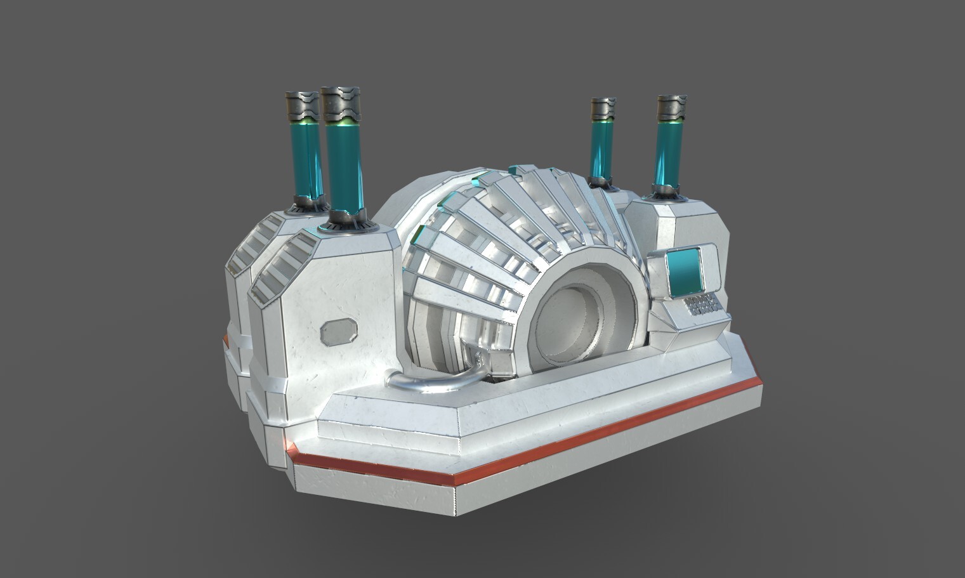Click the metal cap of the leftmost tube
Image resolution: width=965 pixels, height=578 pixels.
pos(301,106)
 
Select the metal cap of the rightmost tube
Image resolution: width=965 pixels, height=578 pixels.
pos(672,108)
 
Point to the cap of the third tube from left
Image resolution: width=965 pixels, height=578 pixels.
pos(603,108)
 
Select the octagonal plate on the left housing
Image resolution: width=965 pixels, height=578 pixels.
pos(339,332)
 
